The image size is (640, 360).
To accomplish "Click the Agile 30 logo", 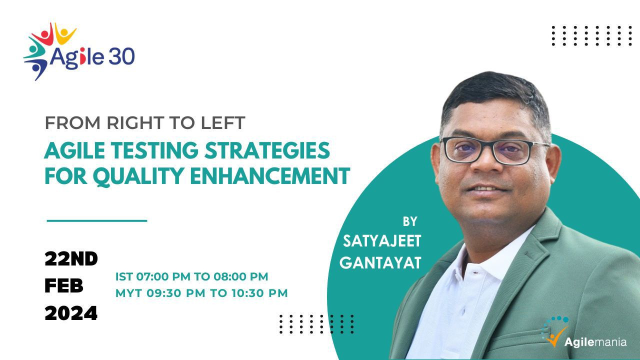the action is click(x=79, y=51).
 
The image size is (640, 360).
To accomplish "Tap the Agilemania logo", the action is click(x=583, y=331).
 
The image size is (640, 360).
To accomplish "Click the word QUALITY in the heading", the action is click(x=138, y=176).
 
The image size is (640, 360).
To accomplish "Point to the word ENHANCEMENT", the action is click(x=270, y=176).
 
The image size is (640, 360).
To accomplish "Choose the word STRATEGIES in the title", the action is click(x=267, y=150).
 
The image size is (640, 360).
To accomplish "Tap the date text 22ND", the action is click(x=71, y=259).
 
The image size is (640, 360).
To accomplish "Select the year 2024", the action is click(x=71, y=313).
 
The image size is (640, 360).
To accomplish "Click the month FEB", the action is click(x=64, y=286).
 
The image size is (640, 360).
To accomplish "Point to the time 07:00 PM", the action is click(x=163, y=276).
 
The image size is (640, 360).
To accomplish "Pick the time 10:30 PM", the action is click(x=259, y=293).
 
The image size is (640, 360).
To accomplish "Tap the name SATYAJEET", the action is click(x=382, y=241).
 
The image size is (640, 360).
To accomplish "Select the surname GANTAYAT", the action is click(x=380, y=263).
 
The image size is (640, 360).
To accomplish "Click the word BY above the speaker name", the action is click(x=410, y=221).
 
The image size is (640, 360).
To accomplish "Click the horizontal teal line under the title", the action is click(x=97, y=220).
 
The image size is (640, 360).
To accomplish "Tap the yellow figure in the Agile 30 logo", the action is click(x=65, y=33).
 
